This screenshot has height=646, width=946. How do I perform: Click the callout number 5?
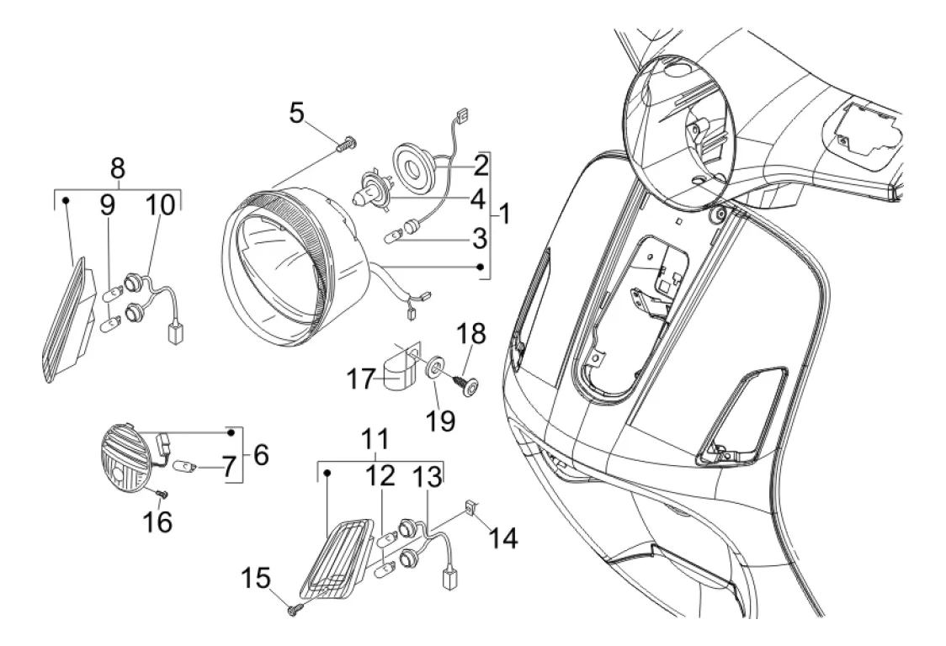[x=296, y=113]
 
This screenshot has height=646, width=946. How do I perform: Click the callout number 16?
[x=157, y=521]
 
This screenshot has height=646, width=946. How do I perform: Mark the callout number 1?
[x=504, y=214]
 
